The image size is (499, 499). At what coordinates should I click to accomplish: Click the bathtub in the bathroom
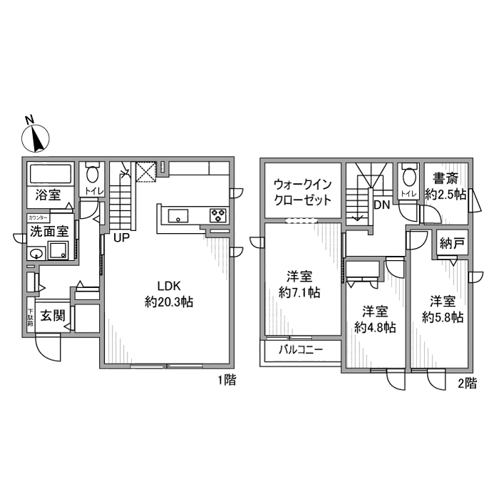[x=49, y=174]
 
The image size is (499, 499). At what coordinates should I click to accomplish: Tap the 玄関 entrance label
[x=52, y=314]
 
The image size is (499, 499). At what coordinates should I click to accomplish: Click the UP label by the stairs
[x=120, y=237]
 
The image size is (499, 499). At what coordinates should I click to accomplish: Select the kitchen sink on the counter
[x=178, y=215]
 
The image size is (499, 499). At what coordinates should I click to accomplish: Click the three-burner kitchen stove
[x=217, y=215]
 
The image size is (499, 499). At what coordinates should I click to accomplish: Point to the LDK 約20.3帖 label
[x=169, y=294]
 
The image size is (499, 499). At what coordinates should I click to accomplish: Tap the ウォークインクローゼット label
[x=303, y=192]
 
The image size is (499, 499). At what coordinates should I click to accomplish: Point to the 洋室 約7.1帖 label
[x=298, y=284]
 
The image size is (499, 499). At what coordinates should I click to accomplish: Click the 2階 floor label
[x=466, y=384]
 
